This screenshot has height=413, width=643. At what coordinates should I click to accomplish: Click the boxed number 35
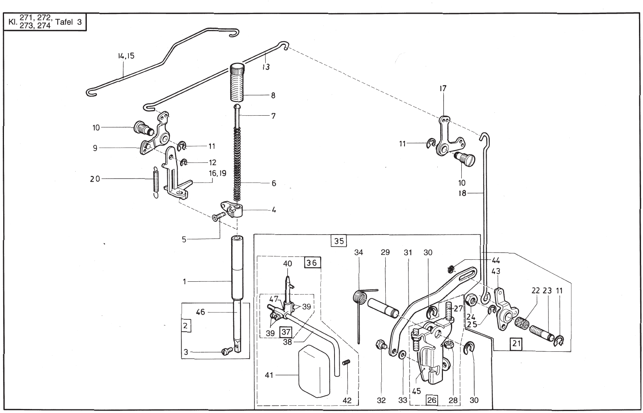tap(339, 241)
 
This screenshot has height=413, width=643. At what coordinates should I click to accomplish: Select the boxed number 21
tap(517, 343)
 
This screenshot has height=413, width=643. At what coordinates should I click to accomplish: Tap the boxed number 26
tap(432, 400)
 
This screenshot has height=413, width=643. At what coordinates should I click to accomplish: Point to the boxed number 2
tap(185, 326)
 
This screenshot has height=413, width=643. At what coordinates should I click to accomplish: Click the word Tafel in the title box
tap(63, 22)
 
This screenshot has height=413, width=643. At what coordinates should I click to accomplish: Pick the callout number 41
tap(269, 375)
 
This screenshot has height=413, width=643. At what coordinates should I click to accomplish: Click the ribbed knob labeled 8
tap(238, 83)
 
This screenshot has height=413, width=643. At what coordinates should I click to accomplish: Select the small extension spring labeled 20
tap(155, 182)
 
